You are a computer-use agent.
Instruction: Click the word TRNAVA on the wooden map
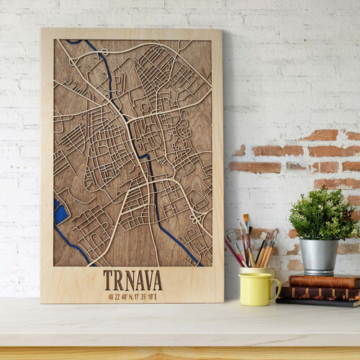tap(132, 279)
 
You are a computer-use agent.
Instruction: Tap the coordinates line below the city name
tap(132, 295)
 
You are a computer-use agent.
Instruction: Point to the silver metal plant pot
tap(319, 256)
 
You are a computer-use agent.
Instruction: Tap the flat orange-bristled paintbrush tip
tap(246, 218)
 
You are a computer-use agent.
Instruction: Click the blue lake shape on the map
tap(60, 212)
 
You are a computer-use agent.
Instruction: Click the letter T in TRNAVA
tap(108, 279)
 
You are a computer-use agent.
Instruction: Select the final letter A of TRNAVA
tap(157, 279)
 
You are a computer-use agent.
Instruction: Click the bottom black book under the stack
tap(317, 302)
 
